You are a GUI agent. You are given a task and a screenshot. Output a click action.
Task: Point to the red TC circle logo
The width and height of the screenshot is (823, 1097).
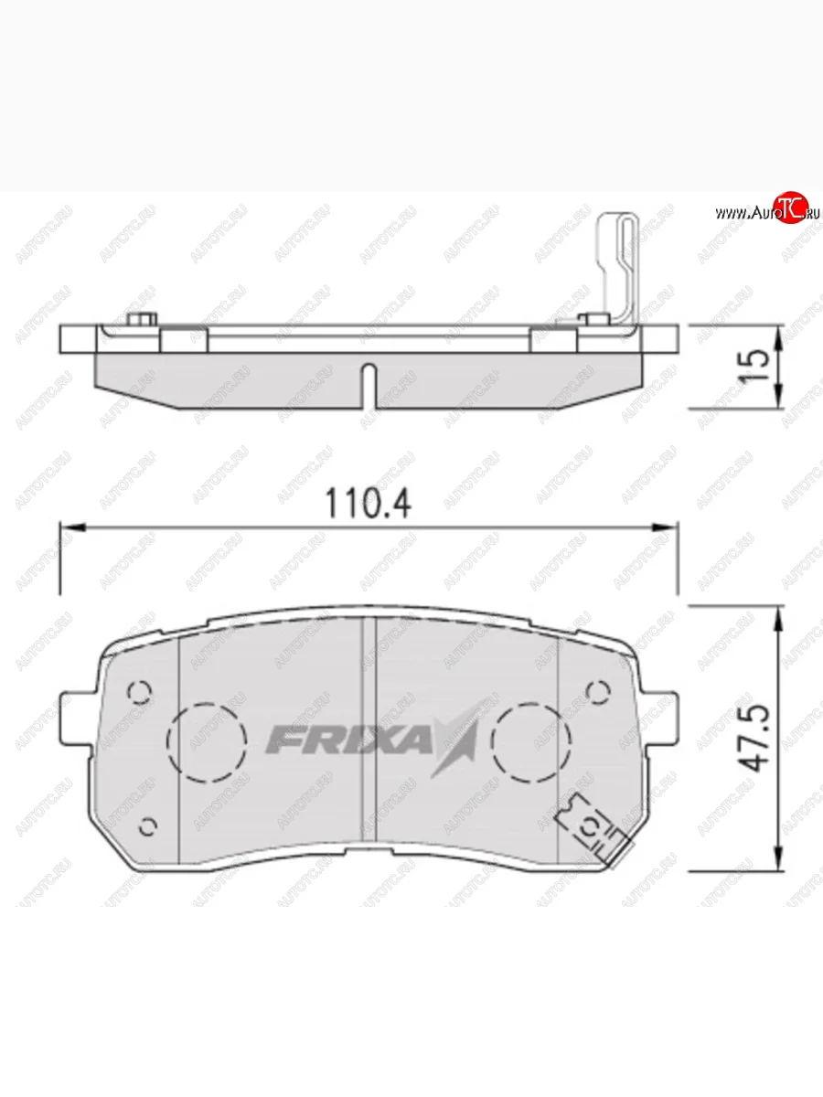(792, 207)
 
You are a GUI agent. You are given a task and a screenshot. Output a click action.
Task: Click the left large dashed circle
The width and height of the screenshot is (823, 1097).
(207, 742)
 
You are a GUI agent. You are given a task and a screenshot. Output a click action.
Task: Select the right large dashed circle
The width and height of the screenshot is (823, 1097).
(530, 742)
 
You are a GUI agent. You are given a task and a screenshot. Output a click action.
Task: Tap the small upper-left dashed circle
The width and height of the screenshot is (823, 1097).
(139, 692)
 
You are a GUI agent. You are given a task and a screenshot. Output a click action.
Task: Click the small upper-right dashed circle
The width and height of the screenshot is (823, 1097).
(598, 692)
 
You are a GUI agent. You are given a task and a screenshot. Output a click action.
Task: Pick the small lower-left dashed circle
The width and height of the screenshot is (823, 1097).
(147, 826)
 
